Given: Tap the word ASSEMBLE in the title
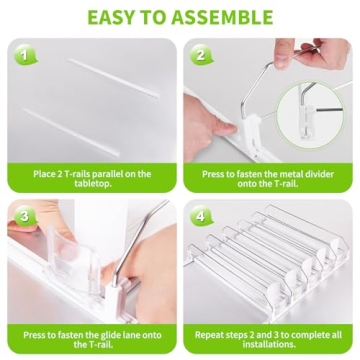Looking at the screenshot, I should [x=221, y=17].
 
